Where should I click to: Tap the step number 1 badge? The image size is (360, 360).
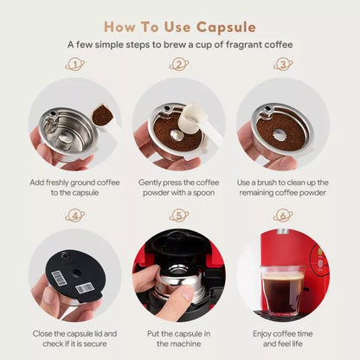(x=75, y=64)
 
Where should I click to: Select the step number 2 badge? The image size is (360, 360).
(x=180, y=64)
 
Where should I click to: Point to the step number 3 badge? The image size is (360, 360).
(x=283, y=64)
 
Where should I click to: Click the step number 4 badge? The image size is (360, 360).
(x=75, y=215)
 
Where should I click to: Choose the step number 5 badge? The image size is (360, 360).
(x=180, y=215)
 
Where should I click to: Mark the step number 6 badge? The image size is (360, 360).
(x=283, y=215)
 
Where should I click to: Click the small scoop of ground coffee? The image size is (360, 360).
(x=103, y=114)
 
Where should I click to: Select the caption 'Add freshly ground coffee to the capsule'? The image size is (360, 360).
(x=75, y=188)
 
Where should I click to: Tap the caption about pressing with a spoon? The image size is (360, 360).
(x=180, y=188)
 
